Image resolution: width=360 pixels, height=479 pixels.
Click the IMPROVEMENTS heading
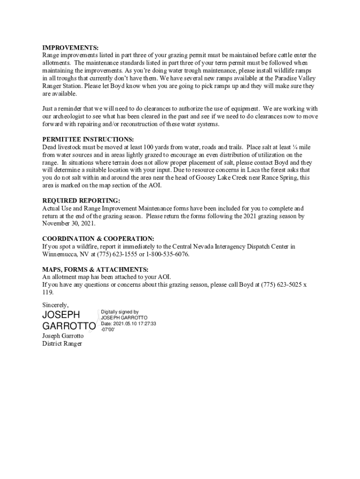[71, 48]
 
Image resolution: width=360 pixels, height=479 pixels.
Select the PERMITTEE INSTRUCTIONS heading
[88, 140]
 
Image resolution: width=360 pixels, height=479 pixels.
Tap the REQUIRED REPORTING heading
[78, 201]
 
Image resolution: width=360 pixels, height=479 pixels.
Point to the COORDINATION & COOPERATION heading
[98, 239]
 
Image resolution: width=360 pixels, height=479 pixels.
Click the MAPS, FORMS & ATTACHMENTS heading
[95, 269]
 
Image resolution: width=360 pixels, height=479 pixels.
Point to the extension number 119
[48, 292]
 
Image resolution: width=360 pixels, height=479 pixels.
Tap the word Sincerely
[55, 305]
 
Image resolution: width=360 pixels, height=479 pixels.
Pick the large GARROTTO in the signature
[69, 326]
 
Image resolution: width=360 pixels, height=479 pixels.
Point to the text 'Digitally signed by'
[120, 312]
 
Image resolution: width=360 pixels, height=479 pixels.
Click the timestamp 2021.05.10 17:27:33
[135, 323]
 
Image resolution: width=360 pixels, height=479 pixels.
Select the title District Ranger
[62, 344]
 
